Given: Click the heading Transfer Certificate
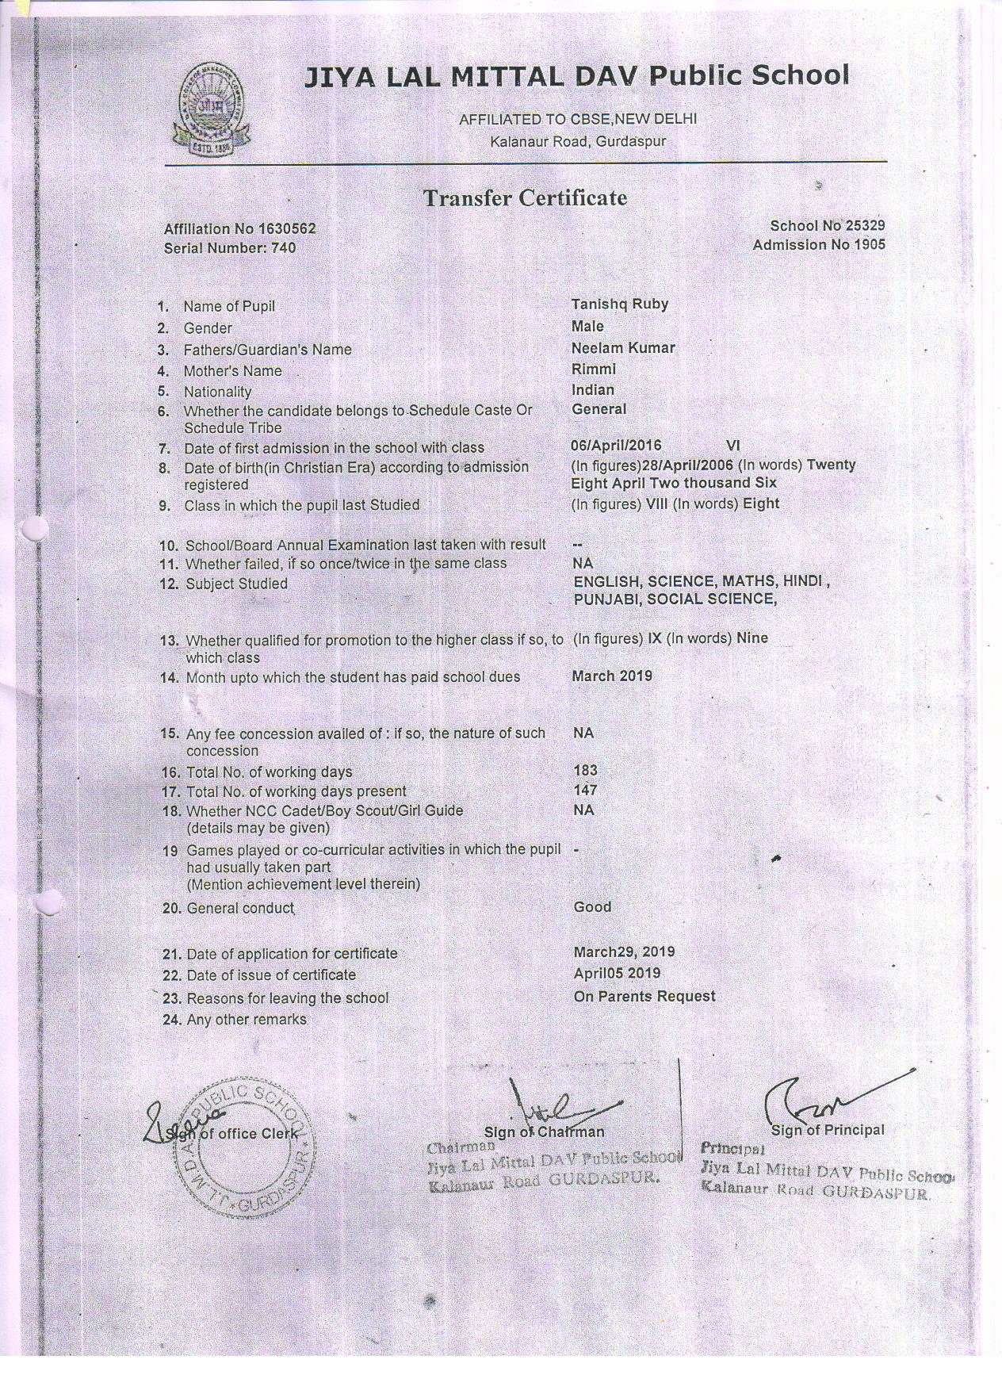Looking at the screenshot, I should coord(525,197).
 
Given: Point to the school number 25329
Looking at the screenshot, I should coord(865,226).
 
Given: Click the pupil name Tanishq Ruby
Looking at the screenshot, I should coord(619,304).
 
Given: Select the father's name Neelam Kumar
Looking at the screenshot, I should coord(623,347).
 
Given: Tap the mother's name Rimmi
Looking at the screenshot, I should coord(593,369).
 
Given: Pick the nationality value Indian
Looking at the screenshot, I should coord(592,389).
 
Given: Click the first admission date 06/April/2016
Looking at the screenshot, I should coord(616,446).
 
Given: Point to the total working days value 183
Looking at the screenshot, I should coord(585,770).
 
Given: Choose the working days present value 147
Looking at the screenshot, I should coord(585,790).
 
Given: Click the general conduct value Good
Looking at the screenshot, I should coord(592,906).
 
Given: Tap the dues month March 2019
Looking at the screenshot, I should coord(612,676).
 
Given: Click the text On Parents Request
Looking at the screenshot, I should coord(644,996).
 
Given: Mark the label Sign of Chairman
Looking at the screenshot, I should coord(544,1132).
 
